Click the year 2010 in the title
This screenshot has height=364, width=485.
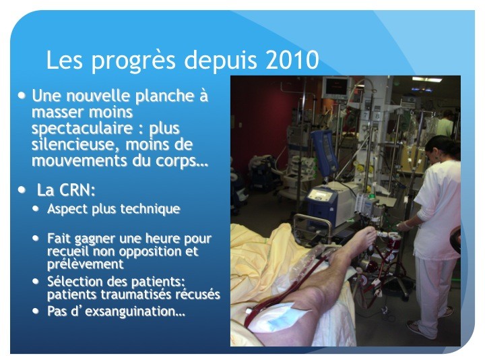292,60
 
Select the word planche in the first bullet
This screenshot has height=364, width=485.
164,97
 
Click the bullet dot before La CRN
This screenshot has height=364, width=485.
22,189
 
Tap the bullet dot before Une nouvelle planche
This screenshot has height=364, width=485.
22,95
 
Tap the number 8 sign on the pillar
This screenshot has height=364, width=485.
377,115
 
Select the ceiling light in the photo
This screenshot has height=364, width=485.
430,80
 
